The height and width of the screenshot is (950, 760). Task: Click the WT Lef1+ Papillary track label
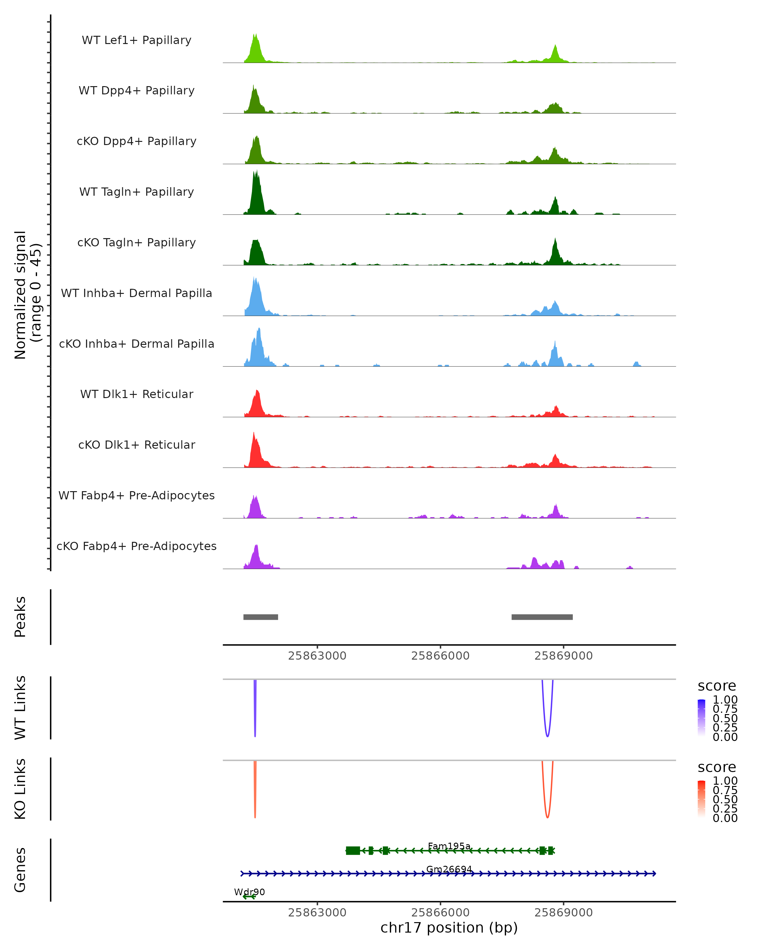click(x=136, y=40)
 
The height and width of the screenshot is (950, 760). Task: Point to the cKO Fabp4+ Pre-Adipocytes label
click(x=136, y=546)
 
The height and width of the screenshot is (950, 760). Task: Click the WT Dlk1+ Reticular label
click(x=136, y=394)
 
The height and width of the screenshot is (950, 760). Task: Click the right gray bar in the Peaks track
click(x=542, y=617)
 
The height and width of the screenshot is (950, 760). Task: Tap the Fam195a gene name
click(x=449, y=846)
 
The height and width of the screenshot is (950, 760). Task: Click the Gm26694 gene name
click(x=449, y=869)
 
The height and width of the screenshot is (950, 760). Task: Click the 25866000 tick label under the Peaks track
click(x=440, y=656)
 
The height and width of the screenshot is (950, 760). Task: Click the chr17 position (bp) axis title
click(x=449, y=928)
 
